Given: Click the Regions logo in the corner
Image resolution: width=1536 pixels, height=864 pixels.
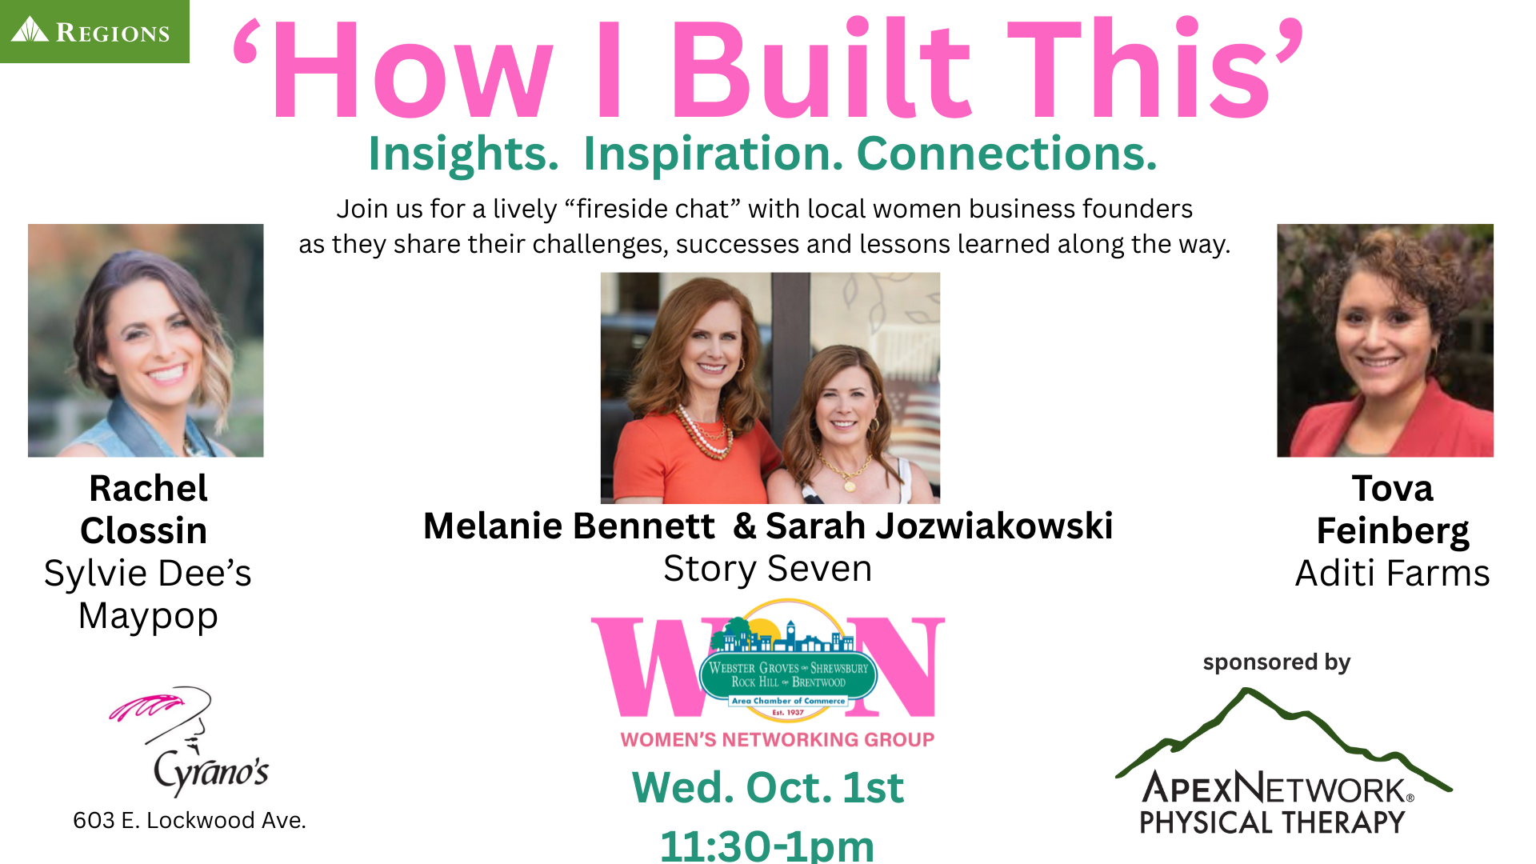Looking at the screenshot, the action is (x=94, y=31).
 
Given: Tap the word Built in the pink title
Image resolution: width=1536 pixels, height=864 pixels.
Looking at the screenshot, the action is (x=822, y=69).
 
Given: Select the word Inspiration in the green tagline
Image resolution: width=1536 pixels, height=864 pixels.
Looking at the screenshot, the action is (x=713, y=154).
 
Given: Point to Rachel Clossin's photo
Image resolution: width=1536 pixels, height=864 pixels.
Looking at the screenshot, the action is (x=146, y=341).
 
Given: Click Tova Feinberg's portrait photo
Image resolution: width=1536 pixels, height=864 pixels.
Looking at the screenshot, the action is (x=1385, y=341).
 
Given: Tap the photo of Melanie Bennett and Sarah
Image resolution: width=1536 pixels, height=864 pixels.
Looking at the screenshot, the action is (x=770, y=388).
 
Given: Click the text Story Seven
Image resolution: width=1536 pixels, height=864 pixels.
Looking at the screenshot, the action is (x=768, y=569).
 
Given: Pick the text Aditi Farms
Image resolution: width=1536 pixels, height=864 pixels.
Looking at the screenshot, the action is (x=1392, y=573).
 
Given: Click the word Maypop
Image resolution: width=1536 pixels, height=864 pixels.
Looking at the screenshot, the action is (x=148, y=617).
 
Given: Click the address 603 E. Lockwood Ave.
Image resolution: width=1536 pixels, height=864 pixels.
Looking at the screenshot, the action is (x=190, y=820).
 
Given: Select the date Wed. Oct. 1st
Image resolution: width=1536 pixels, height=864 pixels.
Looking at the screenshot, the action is (x=768, y=787).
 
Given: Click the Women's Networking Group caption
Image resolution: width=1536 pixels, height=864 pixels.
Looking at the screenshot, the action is (x=778, y=739).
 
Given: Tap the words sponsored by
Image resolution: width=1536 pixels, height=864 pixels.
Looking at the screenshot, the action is (x=1277, y=662).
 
